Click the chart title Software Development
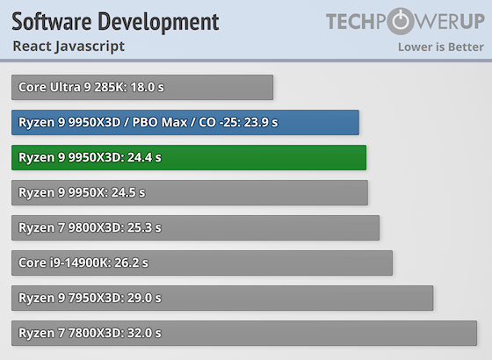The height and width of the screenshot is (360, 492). click(115, 20)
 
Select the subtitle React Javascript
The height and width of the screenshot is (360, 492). click(69, 46)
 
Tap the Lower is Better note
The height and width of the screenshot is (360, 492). click(438, 47)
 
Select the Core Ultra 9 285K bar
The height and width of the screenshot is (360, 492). click(142, 87)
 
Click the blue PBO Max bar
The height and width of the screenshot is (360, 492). click(185, 122)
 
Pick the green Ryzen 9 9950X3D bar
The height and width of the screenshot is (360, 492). click(189, 157)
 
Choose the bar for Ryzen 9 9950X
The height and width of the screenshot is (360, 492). click(190, 192)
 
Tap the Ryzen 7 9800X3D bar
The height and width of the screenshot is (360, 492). click(195, 227)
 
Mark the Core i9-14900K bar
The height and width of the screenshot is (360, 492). click(202, 263)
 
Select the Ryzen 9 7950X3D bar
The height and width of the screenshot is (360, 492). click(222, 298)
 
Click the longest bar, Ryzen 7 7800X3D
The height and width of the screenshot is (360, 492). click(244, 333)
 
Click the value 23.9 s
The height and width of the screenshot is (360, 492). click(261, 122)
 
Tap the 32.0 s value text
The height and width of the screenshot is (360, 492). click(143, 333)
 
